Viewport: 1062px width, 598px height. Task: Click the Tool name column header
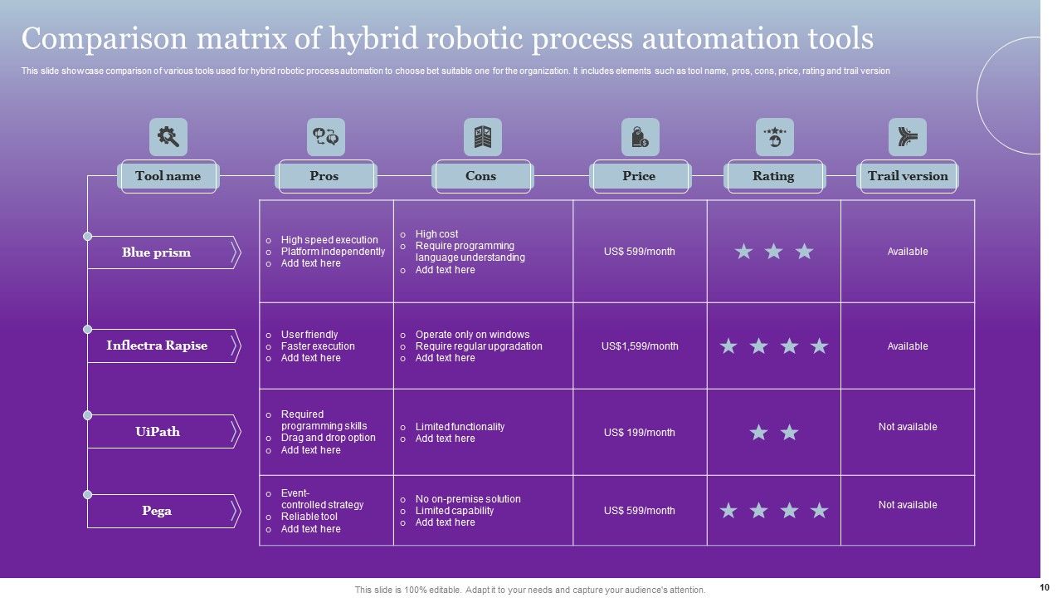point(168,176)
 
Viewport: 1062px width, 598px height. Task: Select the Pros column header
point(324,176)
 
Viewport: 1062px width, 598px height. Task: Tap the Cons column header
point(481,176)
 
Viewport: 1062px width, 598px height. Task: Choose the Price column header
point(639,176)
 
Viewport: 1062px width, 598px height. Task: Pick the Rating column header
point(773,176)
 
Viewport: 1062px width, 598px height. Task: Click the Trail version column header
point(908,176)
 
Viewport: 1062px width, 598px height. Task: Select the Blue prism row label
point(157,252)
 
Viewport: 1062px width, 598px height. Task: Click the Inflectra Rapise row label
point(157,346)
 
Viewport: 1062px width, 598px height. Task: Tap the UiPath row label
point(158,432)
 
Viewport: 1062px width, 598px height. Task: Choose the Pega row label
point(157,511)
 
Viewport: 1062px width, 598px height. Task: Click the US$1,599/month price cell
point(640,346)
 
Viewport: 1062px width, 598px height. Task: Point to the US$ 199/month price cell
point(640,433)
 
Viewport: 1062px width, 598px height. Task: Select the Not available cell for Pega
point(908,505)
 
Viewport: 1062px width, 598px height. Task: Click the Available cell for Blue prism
point(908,252)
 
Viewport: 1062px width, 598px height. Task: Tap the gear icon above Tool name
point(168,137)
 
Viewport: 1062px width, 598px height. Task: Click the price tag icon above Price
point(640,137)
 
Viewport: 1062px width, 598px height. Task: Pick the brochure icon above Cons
point(482,137)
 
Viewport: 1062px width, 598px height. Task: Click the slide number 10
point(1044,587)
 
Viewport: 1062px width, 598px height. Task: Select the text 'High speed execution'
point(329,240)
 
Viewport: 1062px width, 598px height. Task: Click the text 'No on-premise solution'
point(468,499)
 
